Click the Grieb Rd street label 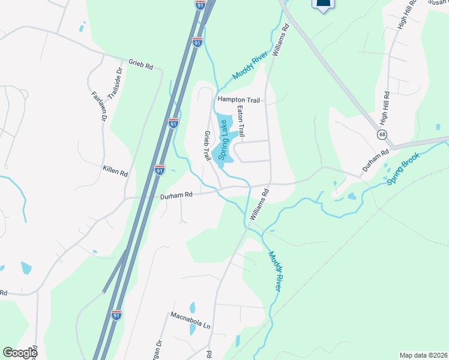coord(141,63)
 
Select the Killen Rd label coord(115,172)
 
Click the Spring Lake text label coord(223,139)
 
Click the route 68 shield coord(382,134)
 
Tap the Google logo coord(20,353)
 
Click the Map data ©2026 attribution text coord(423,355)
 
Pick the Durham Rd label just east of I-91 coord(176,195)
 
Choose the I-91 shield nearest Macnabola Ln coord(116,314)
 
